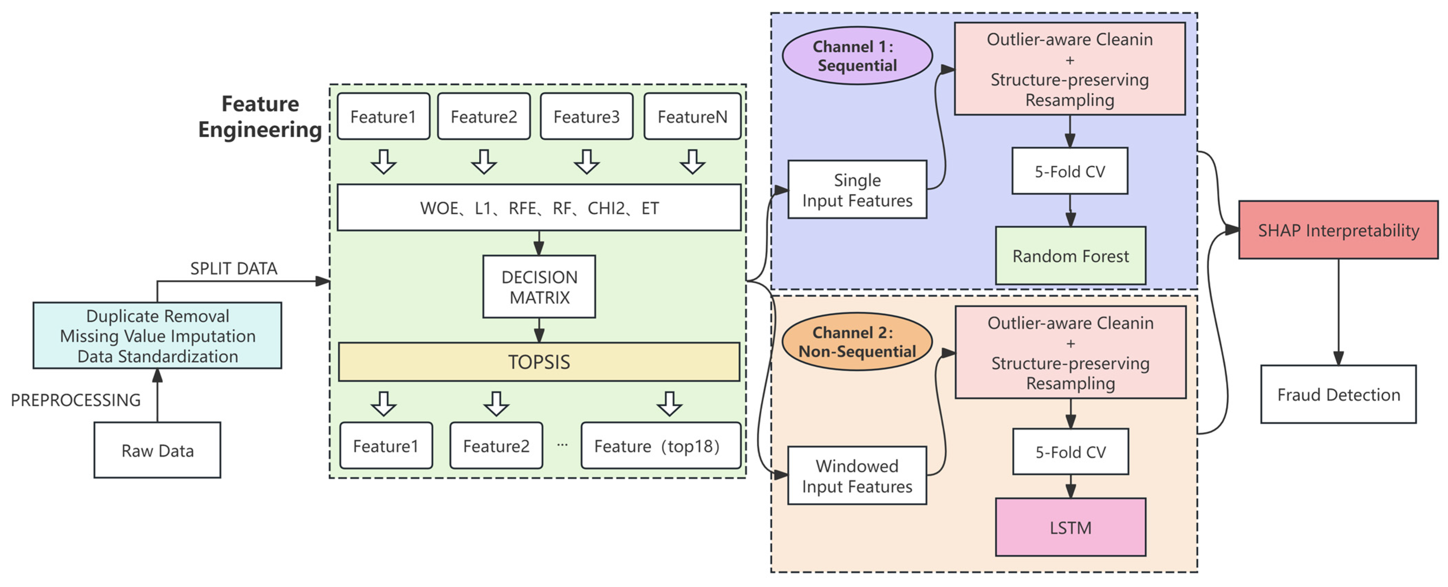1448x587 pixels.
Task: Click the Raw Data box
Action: click(x=157, y=450)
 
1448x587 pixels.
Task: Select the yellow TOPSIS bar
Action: click(x=538, y=362)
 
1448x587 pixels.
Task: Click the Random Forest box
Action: click(x=1070, y=256)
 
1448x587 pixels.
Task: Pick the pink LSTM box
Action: click(x=1070, y=527)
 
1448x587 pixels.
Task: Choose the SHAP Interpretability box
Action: click(x=1338, y=230)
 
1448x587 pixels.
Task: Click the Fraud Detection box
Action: click(x=1338, y=394)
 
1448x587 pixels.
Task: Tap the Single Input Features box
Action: click(x=857, y=190)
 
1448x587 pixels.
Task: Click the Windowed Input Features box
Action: click(x=857, y=476)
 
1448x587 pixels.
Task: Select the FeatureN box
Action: click(x=692, y=116)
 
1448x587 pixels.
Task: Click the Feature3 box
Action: click(x=586, y=116)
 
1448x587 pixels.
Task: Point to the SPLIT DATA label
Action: click(x=233, y=268)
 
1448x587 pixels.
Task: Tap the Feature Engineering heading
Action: click(x=260, y=116)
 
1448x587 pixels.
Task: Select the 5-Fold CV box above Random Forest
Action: click(x=1070, y=171)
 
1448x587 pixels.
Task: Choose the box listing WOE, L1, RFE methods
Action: click(x=538, y=207)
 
